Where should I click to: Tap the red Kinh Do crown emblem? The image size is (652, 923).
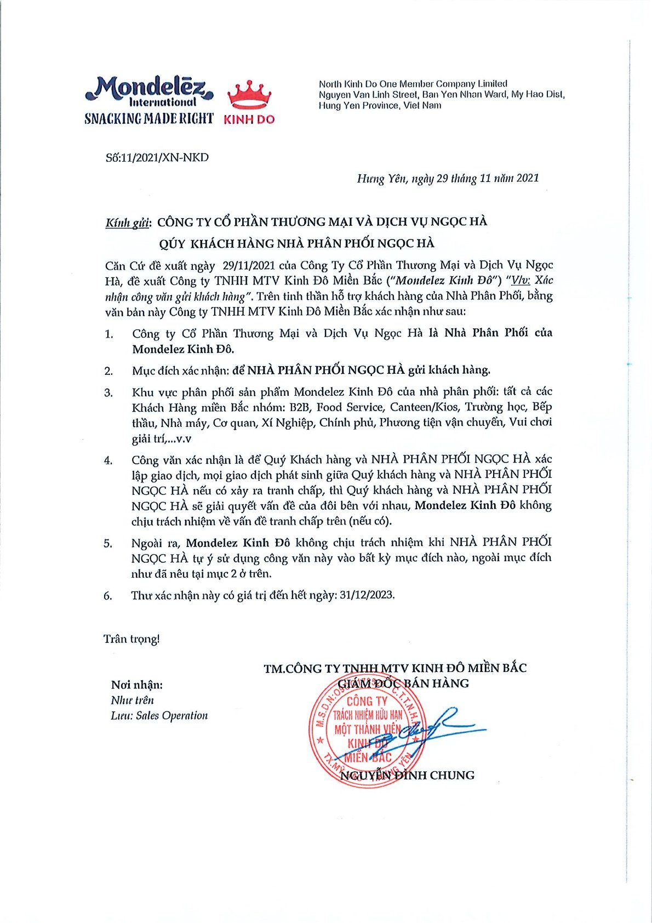point(249,95)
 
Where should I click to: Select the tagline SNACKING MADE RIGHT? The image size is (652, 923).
point(148,118)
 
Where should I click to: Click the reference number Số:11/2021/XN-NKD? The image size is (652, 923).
point(157,158)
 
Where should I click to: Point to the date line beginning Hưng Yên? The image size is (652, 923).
point(448,178)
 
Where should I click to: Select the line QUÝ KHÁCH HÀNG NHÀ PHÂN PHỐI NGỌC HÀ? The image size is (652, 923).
point(296,243)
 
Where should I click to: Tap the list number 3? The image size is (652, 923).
point(108,393)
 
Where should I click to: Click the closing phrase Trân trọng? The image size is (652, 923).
point(131,639)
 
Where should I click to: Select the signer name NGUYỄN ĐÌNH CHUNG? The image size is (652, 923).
point(407,775)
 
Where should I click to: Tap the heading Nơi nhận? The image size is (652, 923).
point(136,685)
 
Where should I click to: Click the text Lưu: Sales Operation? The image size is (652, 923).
point(159,715)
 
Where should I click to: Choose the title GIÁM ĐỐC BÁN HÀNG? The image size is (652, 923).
point(403,683)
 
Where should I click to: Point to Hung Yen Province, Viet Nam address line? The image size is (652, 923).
point(380,106)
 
